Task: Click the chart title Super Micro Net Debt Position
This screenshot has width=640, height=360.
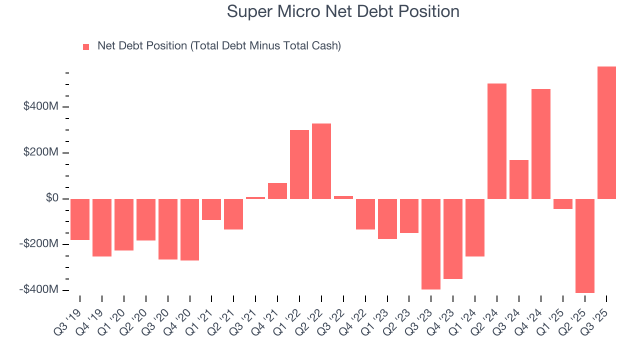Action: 342,11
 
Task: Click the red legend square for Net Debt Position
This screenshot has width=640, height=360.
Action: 86,47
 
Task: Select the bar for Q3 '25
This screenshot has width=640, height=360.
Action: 606,132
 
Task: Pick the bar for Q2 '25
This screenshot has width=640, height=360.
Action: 584,245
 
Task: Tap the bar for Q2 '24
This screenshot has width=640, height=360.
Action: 496,141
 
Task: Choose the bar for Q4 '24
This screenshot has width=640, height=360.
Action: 540,144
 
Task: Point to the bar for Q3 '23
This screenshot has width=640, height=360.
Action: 431,244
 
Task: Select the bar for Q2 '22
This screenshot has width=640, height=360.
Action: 321,161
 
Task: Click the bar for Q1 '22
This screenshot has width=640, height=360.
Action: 299,164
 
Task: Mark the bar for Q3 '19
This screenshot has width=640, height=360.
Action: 80,219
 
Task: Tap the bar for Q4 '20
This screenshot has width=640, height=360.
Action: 189,229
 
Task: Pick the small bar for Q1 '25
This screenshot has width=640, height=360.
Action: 562,203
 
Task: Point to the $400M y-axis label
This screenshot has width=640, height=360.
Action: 41,106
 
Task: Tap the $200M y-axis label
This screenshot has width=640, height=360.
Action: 41,152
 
